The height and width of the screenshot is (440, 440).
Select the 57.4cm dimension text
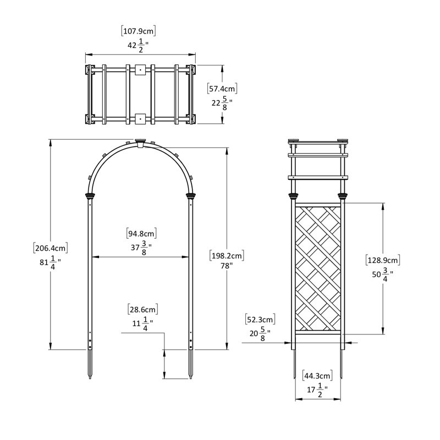tap(222, 89)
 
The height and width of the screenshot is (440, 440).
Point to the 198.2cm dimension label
tap(227, 256)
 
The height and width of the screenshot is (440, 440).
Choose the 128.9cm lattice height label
tap(383, 259)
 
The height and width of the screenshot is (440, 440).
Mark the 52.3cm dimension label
tap(260, 320)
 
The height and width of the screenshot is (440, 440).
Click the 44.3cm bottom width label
tap(317, 376)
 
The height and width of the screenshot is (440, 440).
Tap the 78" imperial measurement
tap(227, 265)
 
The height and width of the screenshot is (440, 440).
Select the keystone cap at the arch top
tap(140, 142)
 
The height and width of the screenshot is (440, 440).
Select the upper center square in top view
tap(140, 70)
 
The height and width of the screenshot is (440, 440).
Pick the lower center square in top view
tap(140, 118)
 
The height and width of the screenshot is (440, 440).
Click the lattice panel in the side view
tap(319, 267)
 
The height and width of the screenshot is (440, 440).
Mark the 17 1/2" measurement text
tap(317, 389)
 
